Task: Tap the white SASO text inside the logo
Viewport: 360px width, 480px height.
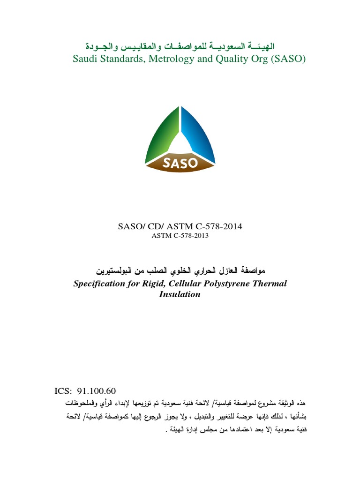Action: click(x=180, y=164)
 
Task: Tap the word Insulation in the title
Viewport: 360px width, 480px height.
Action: click(x=180, y=294)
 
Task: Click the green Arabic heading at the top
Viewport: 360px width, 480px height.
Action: click(x=180, y=46)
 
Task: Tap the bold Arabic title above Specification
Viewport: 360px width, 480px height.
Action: click(x=180, y=271)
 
